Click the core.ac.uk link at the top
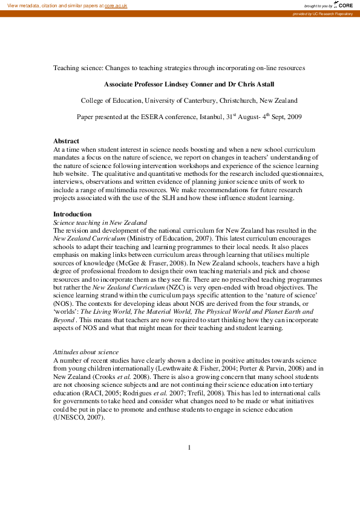tap(116, 5)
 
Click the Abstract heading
tap(67, 140)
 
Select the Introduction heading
tap(73, 214)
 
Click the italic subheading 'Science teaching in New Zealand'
tap(100, 222)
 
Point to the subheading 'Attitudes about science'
tap(87, 351)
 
